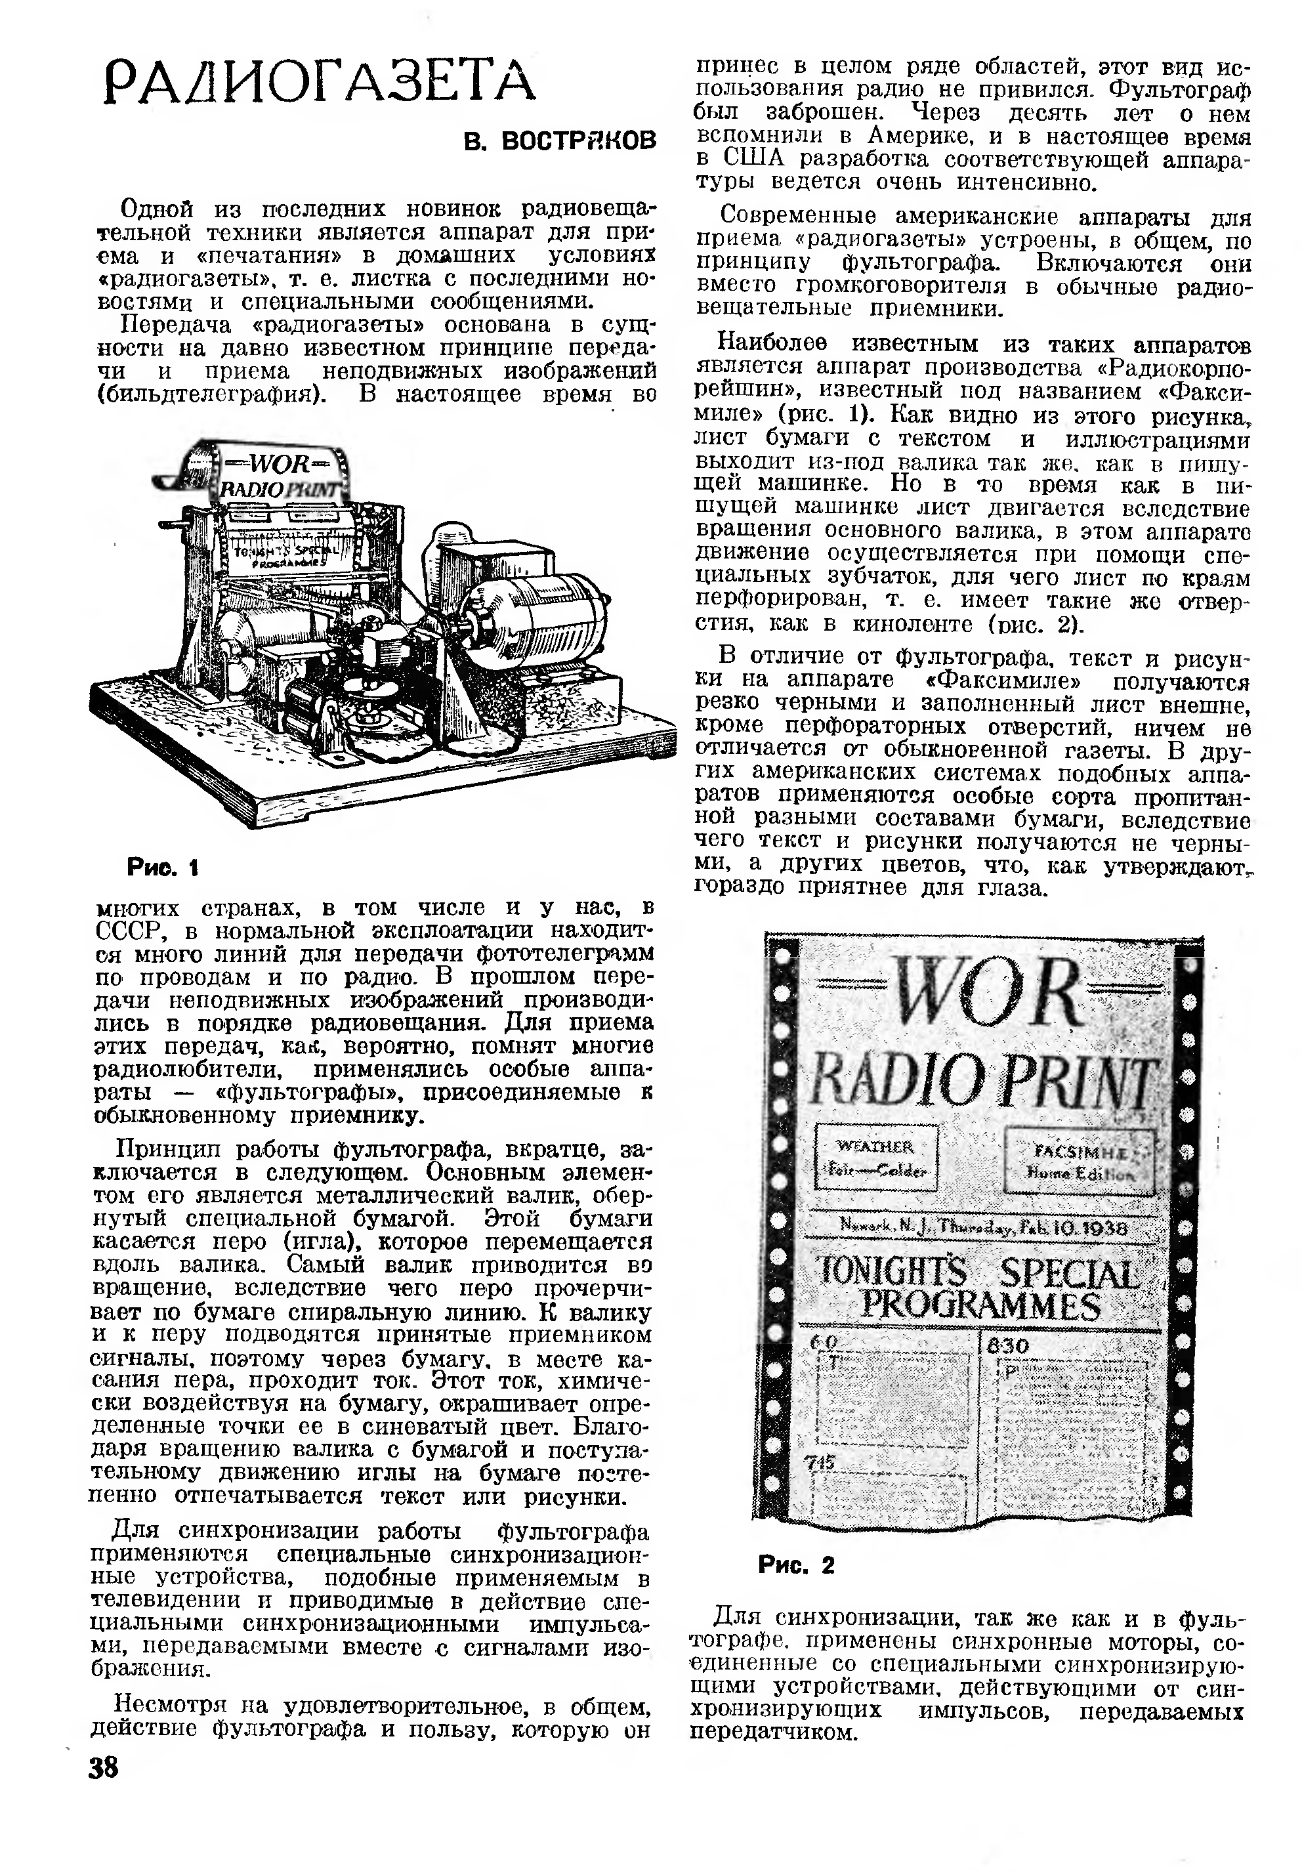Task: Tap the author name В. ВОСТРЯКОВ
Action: pyautogui.click(x=560, y=141)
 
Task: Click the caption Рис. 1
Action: pyautogui.click(x=163, y=868)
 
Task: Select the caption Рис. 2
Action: pyautogui.click(x=796, y=1565)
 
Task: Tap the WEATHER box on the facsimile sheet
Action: pyautogui.click(x=876, y=1157)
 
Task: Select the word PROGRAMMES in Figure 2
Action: pyautogui.click(x=981, y=1305)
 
